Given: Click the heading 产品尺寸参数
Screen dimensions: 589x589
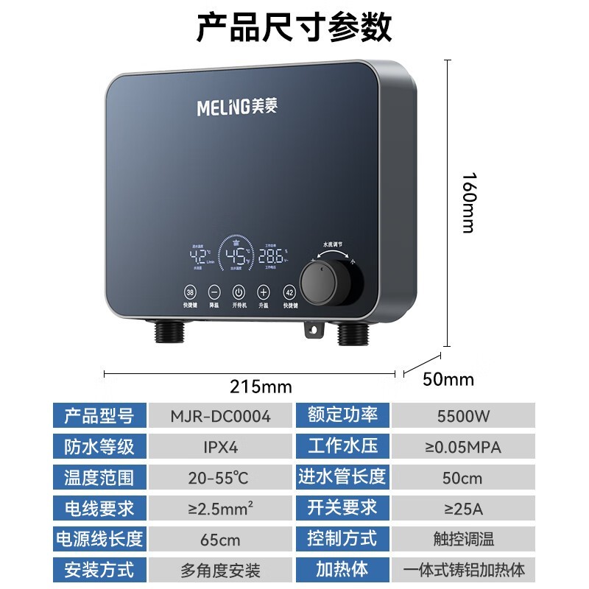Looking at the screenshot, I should point(294,28).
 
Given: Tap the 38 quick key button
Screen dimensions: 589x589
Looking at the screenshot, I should point(190,291).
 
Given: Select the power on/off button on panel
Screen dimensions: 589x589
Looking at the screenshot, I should point(239,291).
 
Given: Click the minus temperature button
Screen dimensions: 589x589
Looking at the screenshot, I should point(214,291).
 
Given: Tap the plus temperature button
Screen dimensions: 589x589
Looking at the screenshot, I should point(264,291).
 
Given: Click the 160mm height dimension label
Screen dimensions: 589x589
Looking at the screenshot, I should point(468,202).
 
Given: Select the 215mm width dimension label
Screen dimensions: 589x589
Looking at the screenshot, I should point(261,387).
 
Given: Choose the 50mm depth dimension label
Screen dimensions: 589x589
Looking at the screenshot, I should point(448,380).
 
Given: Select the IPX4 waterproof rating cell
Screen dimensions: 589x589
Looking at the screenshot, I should point(220,446).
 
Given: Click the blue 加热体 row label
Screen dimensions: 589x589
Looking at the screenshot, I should point(342,569).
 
